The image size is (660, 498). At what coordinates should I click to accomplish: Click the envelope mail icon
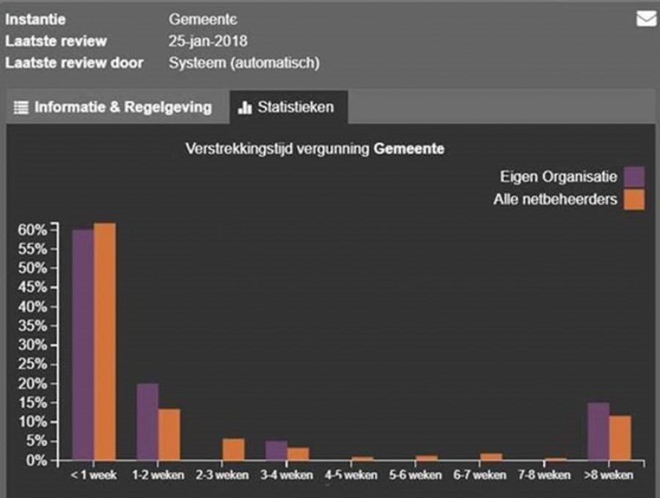point(646,19)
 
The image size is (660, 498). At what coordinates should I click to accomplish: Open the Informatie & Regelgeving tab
point(114,108)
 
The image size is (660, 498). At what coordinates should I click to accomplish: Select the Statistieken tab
point(287,108)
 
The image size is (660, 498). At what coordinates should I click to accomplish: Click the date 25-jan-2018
point(208,41)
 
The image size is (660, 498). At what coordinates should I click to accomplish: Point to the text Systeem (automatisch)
point(244,63)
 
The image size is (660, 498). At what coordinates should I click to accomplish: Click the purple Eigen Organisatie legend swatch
point(634,176)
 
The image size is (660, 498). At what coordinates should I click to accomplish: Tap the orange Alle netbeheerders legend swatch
point(634,199)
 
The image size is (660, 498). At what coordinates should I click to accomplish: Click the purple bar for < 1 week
point(82,344)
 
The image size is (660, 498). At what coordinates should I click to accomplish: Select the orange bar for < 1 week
point(104,341)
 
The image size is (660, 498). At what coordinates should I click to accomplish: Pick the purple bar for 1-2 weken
point(147,422)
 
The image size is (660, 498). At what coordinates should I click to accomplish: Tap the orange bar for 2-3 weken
point(234,450)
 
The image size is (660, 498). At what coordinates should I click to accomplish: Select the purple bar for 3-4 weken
point(276,451)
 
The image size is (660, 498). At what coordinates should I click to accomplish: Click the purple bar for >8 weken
point(598,431)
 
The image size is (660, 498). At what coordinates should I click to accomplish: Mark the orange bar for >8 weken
point(620,438)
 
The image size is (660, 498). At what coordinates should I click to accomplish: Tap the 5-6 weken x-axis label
point(416,475)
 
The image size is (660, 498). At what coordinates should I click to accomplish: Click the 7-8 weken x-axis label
point(544,475)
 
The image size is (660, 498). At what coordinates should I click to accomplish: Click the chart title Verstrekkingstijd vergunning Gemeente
point(315,149)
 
